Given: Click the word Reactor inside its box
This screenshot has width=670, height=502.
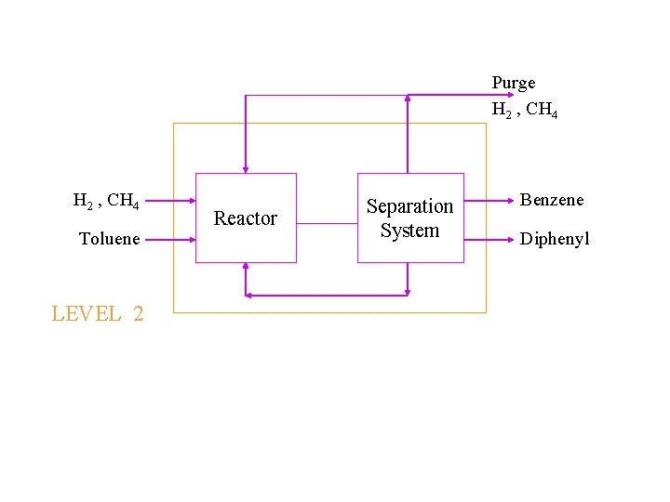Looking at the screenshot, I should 246,218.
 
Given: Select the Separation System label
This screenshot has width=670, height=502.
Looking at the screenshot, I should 409,218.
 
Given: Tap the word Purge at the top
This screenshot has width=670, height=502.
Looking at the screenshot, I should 514,83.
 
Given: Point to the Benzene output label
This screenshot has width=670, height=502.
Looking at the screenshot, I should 552,200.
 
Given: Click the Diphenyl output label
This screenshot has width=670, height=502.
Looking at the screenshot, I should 555,240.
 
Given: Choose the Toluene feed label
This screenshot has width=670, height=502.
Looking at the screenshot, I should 110,239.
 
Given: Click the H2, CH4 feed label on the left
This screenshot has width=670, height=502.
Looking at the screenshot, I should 106,200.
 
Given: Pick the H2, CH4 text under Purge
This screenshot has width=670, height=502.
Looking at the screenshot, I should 525,110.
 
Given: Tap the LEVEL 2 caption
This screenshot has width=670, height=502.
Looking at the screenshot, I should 98,314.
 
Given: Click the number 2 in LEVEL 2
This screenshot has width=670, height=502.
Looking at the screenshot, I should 139,314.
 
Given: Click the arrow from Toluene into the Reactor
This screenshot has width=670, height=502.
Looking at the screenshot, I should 169,239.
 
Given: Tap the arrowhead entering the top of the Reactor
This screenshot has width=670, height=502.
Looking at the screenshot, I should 246,169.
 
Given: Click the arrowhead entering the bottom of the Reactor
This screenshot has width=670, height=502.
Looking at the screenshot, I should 246,268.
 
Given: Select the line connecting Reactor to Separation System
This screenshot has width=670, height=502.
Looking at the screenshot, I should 327,223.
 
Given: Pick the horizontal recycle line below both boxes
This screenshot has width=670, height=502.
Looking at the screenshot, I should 327,295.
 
